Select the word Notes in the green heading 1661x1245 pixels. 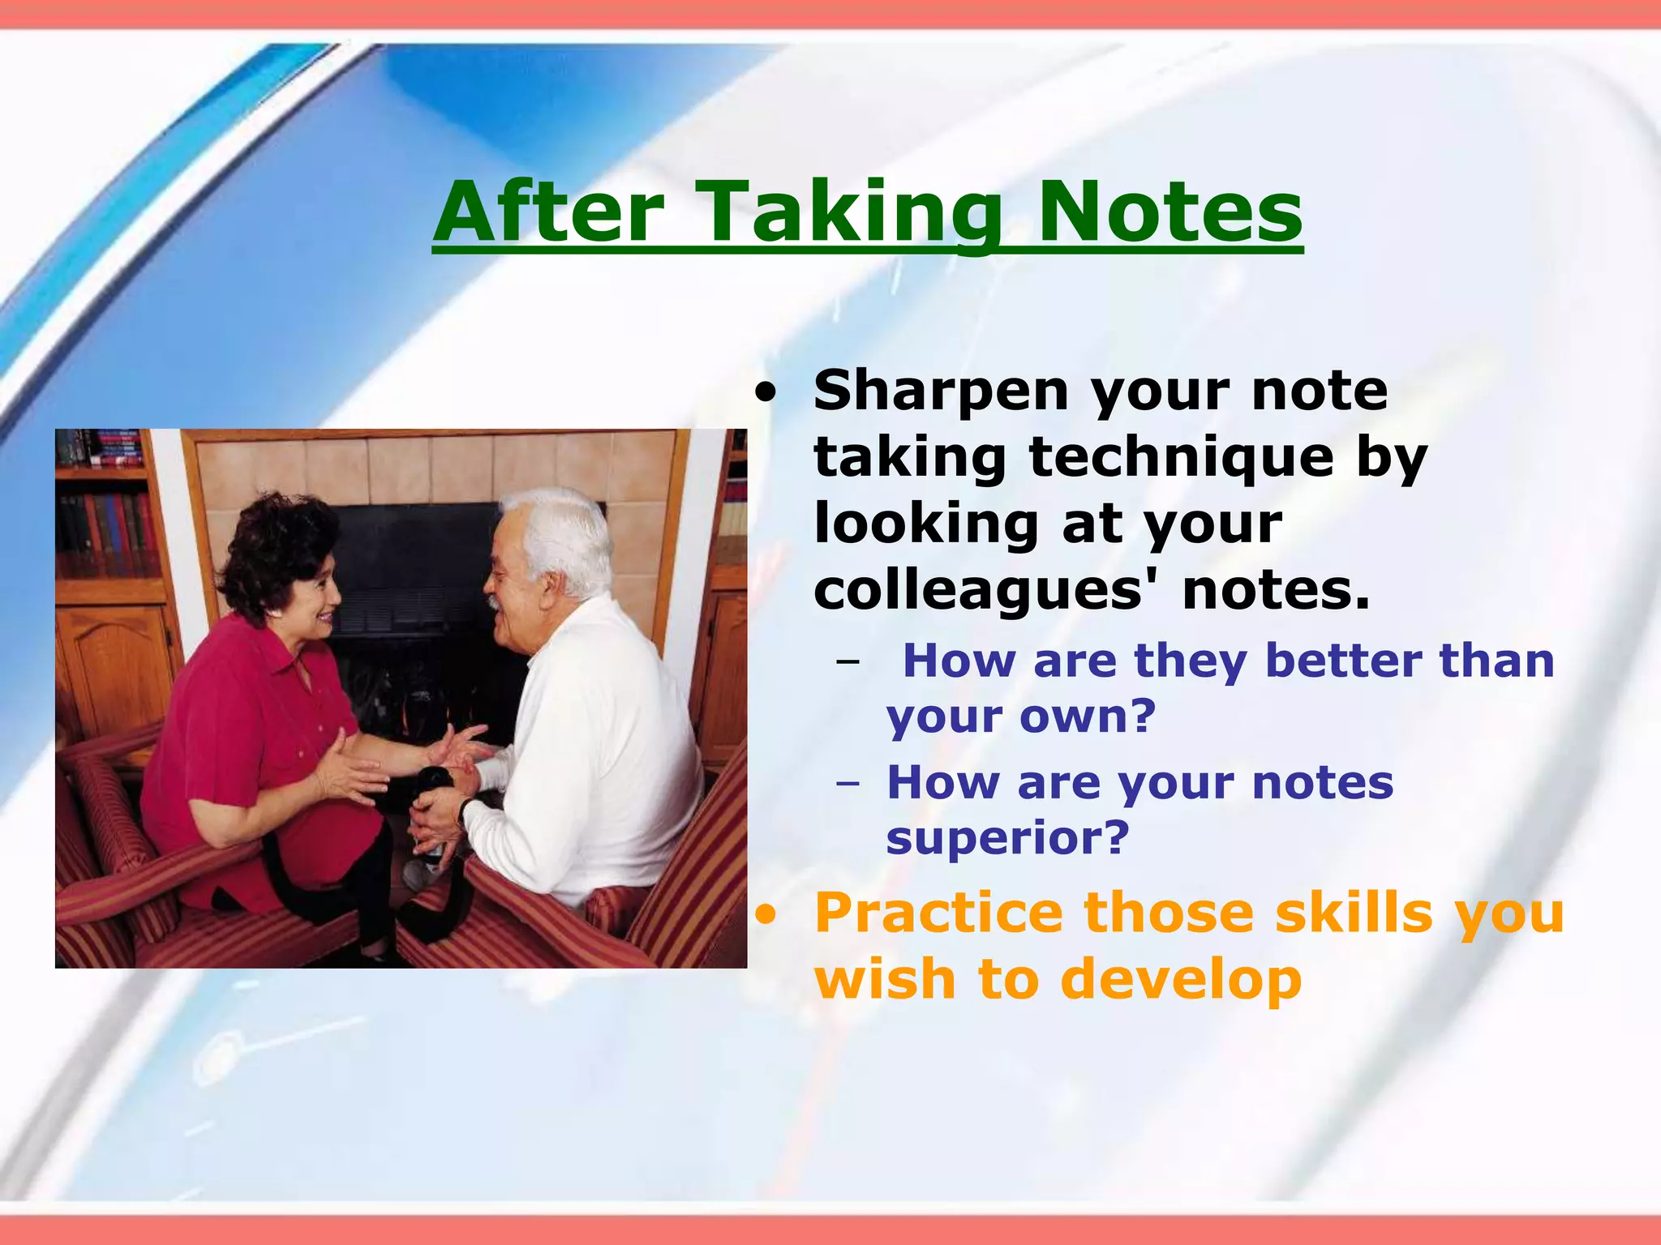[1170, 212]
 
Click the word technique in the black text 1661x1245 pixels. [1181, 459]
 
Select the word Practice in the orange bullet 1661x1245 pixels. [938, 914]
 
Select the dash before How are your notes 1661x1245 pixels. [848, 785]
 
